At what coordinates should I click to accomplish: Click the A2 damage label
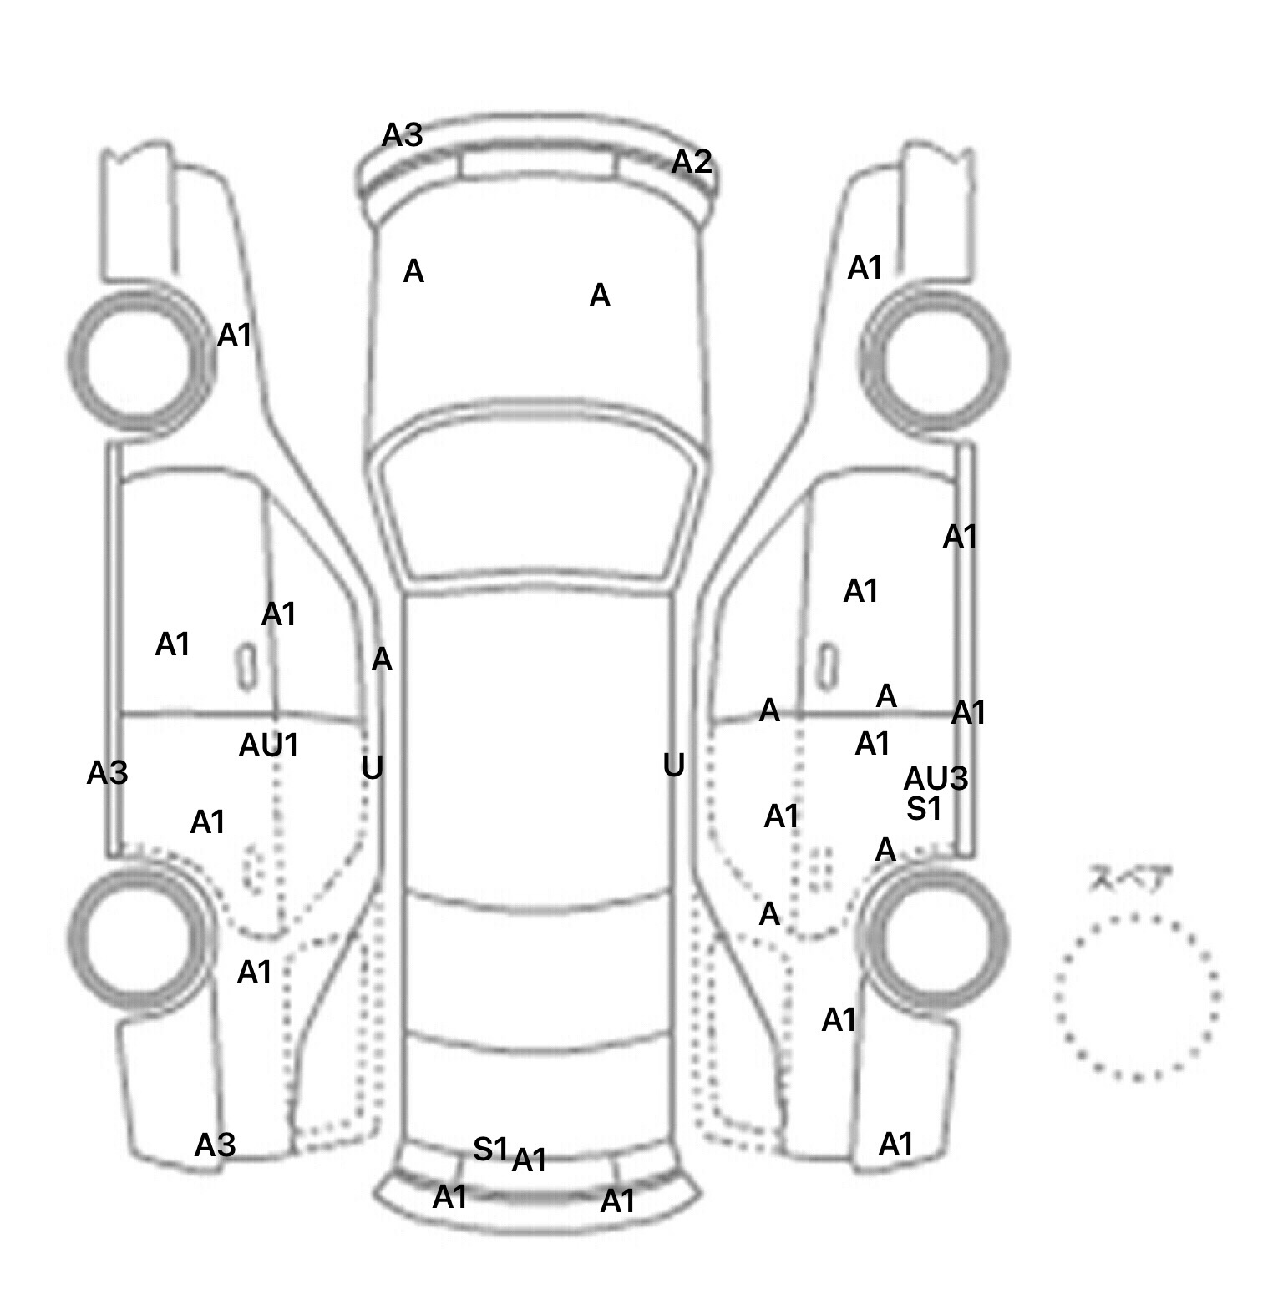coord(692,162)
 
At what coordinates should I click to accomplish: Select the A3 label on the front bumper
coord(403,135)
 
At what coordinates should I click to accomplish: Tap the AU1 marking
coord(268,745)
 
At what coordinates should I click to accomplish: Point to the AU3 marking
coord(936,779)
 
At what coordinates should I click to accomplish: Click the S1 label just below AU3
coord(924,808)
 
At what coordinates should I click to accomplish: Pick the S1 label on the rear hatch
coord(490,1150)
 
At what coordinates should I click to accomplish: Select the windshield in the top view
coord(540,509)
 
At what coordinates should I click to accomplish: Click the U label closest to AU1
coord(372,767)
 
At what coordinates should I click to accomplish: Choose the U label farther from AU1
coord(673,765)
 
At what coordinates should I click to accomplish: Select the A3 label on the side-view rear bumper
coord(215,1145)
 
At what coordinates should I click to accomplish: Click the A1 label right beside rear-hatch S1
coord(529,1160)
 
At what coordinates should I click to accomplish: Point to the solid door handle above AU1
coord(246,666)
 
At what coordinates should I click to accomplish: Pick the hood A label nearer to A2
coord(600,296)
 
